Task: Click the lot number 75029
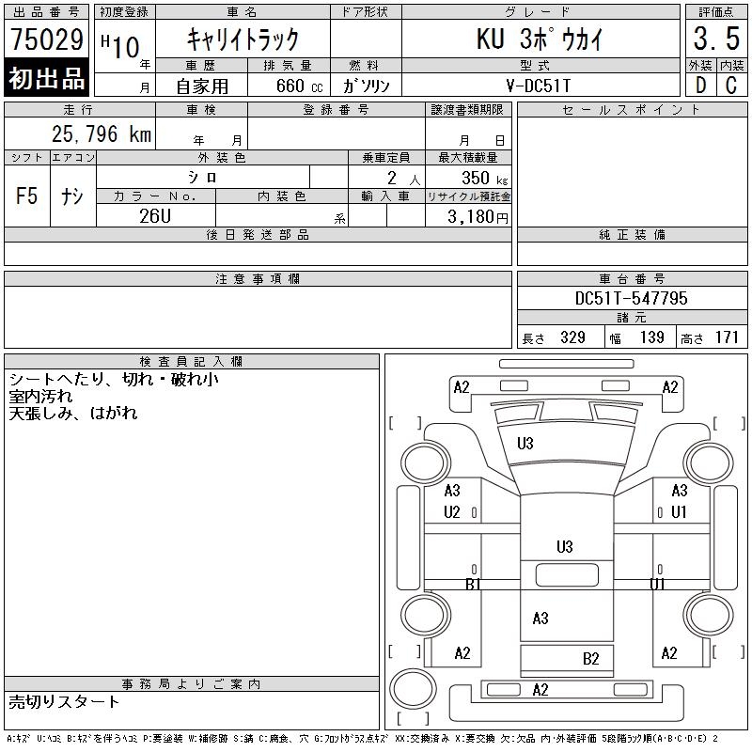tap(47, 39)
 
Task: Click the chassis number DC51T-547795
tap(631, 299)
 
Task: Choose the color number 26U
tap(155, 214)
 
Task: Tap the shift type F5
tap(27, 196)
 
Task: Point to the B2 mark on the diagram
tap(590, 659)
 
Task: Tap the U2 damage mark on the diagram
tap(452, 512)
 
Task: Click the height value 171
tap(726, 337)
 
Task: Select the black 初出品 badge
tap(47, 79)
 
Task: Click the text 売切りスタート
tap(65, 702)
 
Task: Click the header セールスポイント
tap(631, 110)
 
